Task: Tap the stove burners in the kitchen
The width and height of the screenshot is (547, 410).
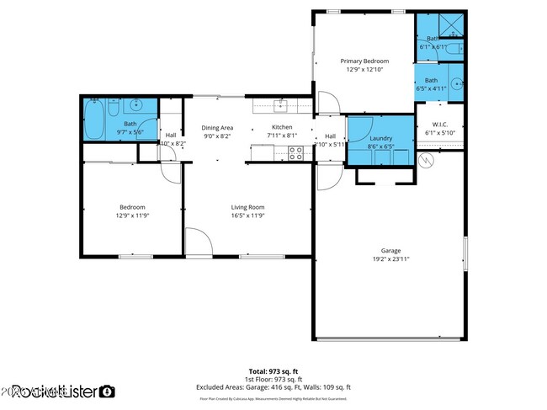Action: point(295,153)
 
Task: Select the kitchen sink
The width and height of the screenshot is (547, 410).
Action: point(283,105)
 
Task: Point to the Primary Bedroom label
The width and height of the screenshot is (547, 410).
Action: point(364,61)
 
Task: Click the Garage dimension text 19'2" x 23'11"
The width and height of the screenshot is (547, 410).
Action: point(390,259)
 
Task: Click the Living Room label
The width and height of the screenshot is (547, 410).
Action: point(248,207)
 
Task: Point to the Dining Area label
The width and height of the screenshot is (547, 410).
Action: point(217,127)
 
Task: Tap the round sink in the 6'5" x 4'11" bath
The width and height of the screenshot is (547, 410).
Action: point(454,84)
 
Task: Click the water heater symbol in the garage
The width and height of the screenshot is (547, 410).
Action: point(427,158)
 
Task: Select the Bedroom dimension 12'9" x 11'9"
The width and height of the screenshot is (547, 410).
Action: point(132,216)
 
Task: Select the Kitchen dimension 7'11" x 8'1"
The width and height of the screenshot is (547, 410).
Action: point(281,136)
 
